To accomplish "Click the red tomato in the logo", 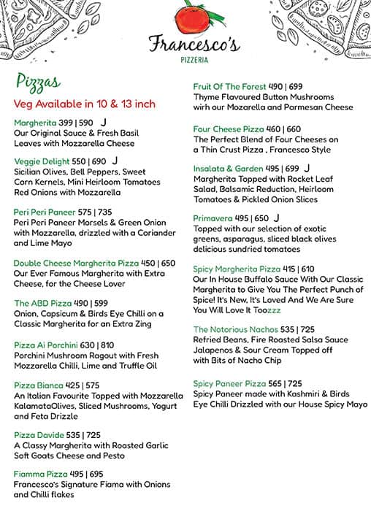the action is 188,20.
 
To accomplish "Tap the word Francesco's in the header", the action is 194,45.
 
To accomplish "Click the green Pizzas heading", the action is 37,81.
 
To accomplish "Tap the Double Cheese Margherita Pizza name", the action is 76,264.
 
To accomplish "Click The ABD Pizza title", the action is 42,304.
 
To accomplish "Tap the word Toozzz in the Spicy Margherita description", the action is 264,310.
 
